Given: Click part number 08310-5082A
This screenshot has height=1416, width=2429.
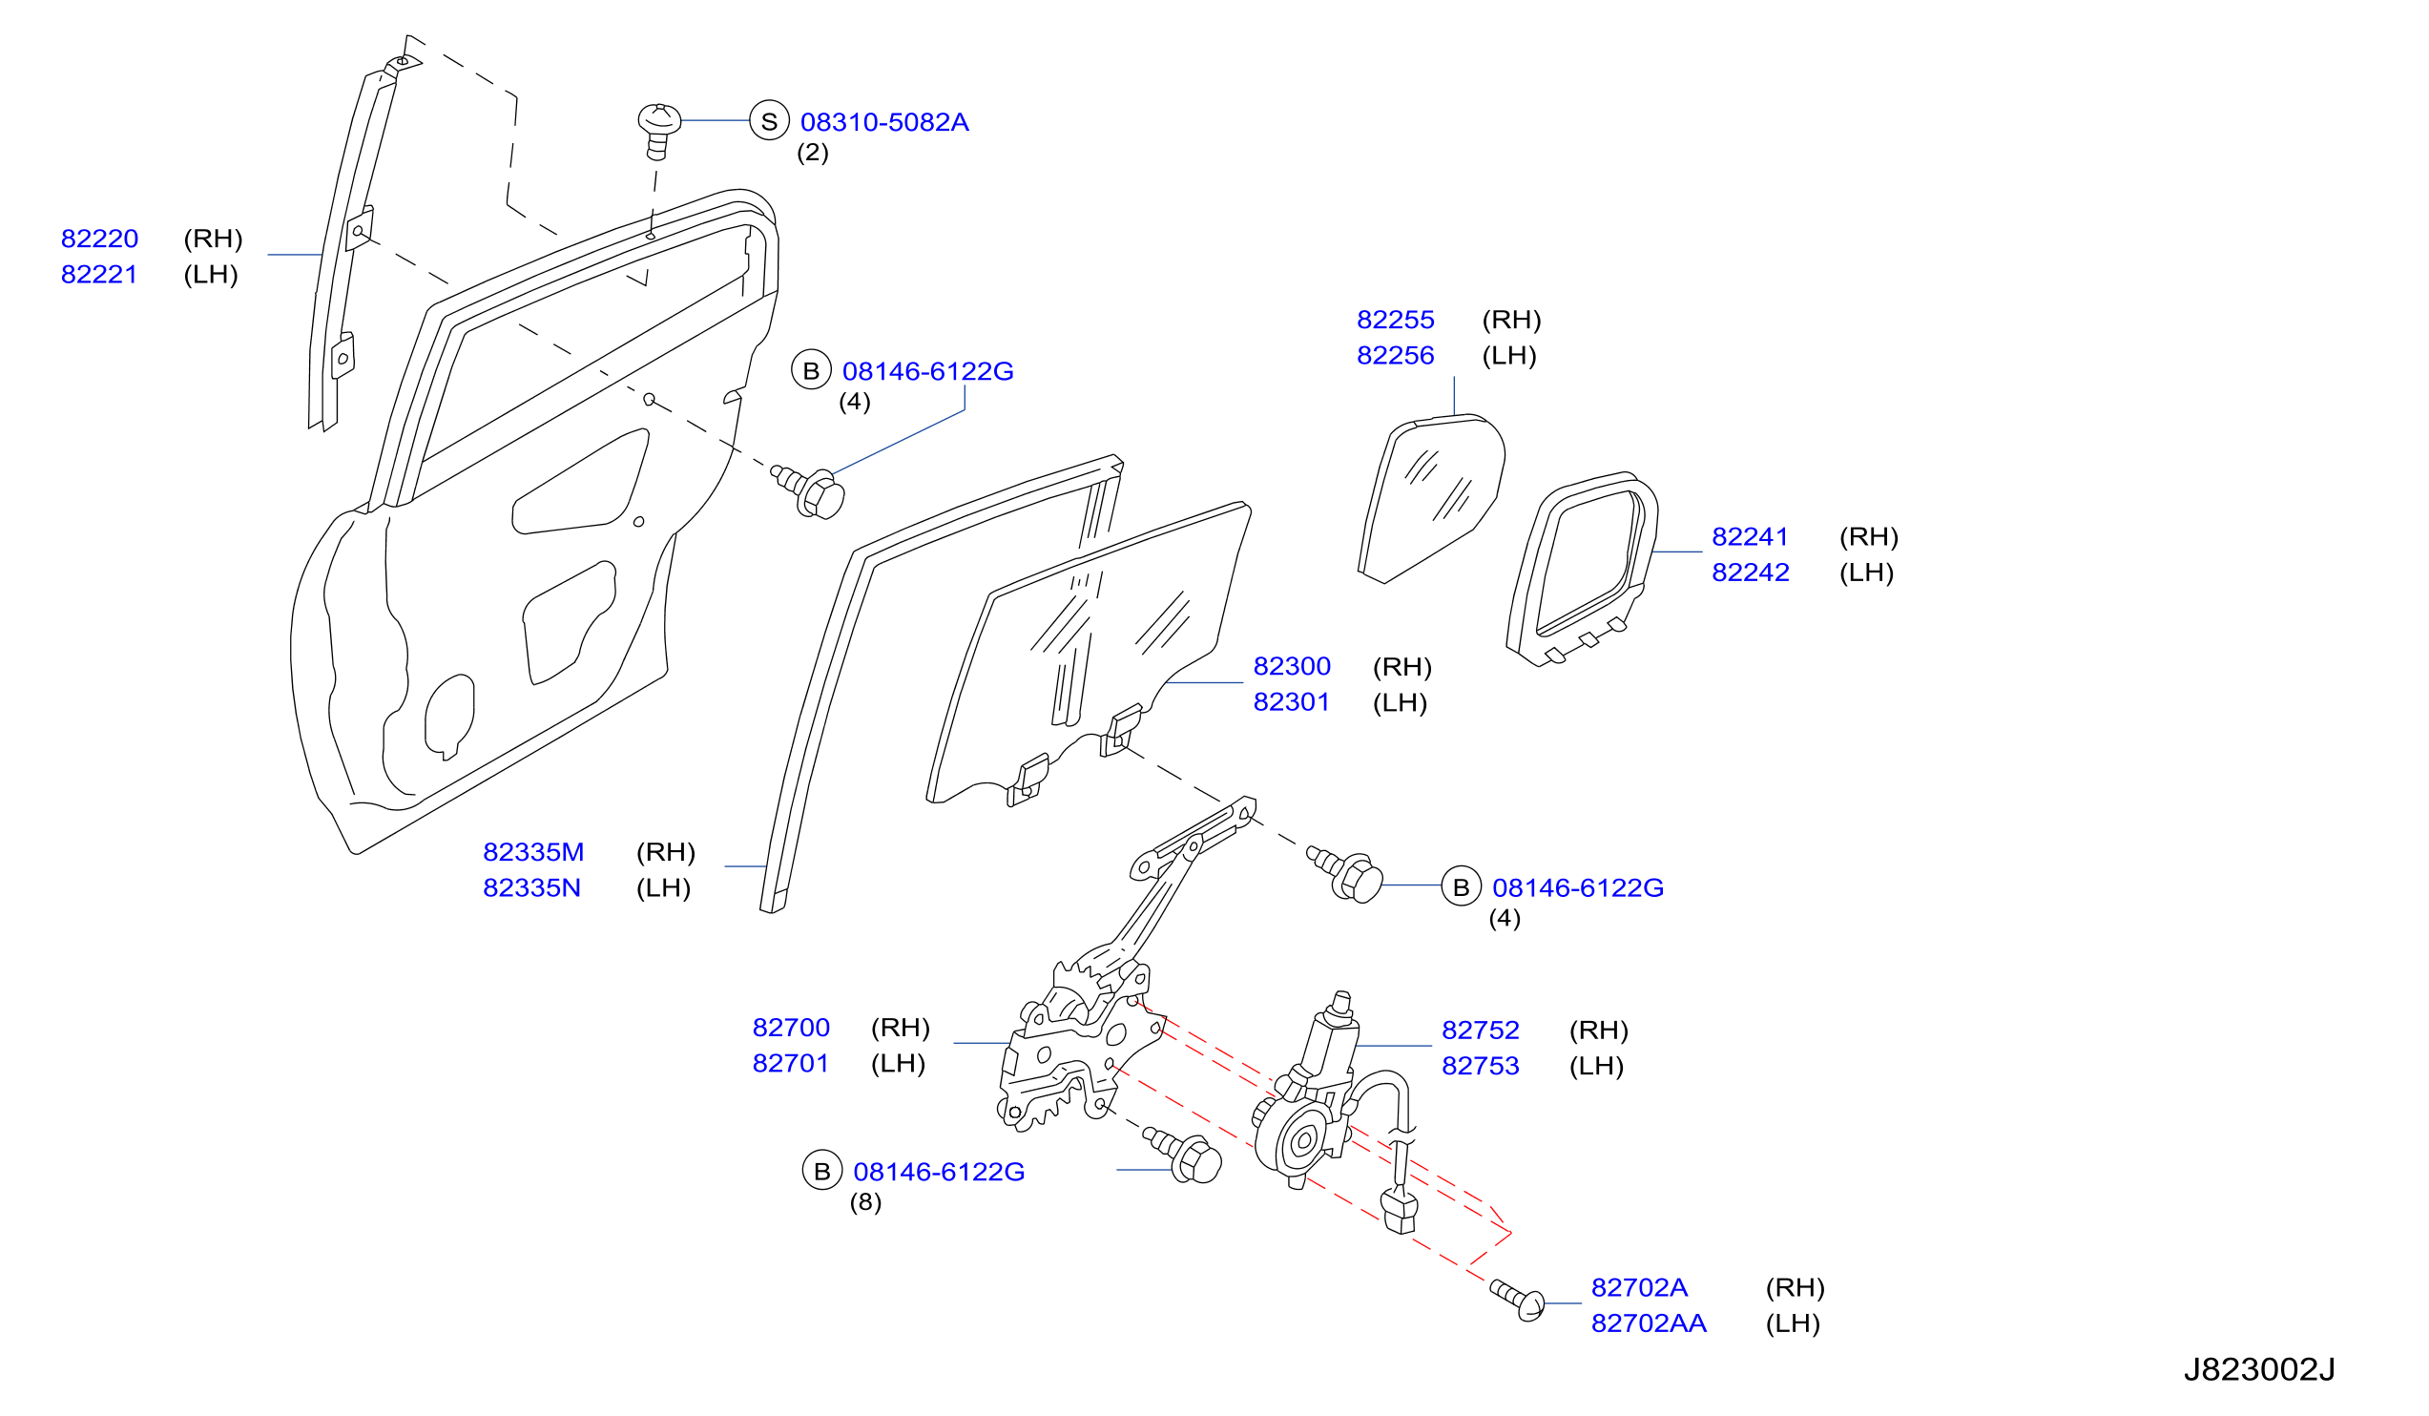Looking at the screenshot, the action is pyautogui.click(x=883, y=122).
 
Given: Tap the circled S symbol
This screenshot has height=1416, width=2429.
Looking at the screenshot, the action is pyautogui.click(x=769, y=121).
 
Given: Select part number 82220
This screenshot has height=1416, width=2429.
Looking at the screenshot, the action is pyautogui.click(x=99, y=239).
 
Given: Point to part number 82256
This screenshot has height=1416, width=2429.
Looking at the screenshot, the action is pyautogui.click(x=1395, y=355).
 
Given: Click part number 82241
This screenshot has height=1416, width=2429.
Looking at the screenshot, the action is pyautogui.click(x=1750, y=536).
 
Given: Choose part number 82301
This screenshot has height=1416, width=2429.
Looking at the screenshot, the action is pyautogui.click(x=1291, y=701).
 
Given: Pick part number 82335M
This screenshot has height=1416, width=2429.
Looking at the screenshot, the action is pyautogui.click(x=533, y=852).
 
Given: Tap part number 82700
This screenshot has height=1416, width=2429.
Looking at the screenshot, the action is pyautogui.click(x=790, y=1028).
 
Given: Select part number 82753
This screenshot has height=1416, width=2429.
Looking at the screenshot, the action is pyautogui.click(x=1480, y=1066).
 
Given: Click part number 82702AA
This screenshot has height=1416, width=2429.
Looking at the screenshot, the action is pyautogui.click(x=1649, y=1323).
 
